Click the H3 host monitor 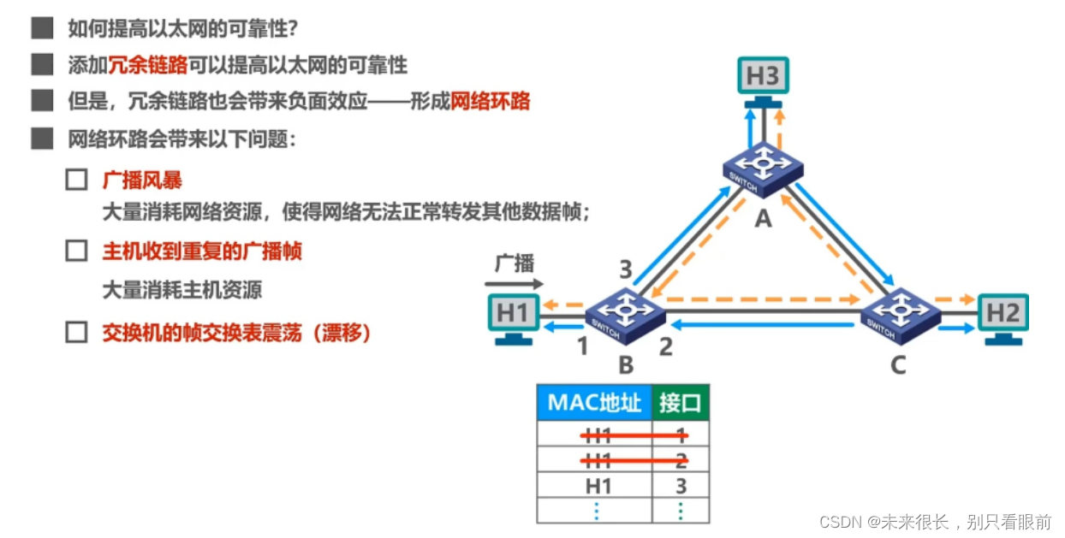[x=762, y=77]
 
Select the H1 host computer [x=513, y=314]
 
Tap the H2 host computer [x=1003, y=314]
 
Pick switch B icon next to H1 [x=626, y=311]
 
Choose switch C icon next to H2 [x=898, y=311]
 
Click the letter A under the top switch [x=762, y=219]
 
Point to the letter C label [x=897, y=365]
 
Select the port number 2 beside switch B [x=666, y=346]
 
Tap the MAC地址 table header [x=594, y=403]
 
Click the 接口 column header [x=680, y=403]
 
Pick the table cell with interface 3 [x=681, y=487]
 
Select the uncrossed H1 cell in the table [x=598, y=487]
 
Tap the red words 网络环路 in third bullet [x=491, y=102]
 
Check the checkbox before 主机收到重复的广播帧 [x=77, y=251]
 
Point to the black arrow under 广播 [x=514, y=283]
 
